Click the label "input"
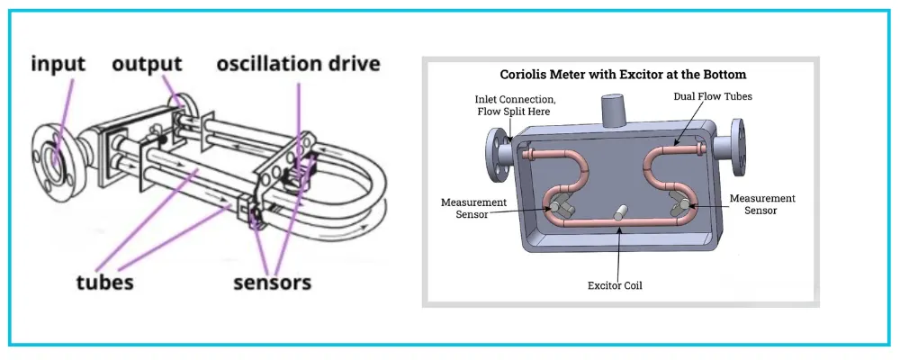click(58, 64)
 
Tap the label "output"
click(147, 64)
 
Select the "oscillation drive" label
click(298, 64)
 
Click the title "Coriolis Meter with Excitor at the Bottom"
click(622, 75)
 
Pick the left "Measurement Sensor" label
click(473, 206)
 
